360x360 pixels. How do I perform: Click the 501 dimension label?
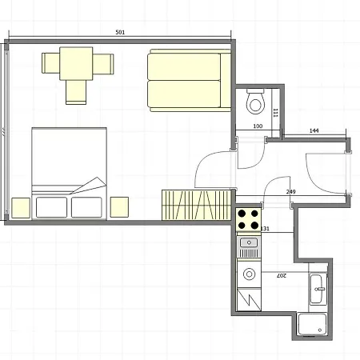(x=120, y=32)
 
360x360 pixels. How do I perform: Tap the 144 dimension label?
(x=314, y=130)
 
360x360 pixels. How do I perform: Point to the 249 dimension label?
(x=290, y=192)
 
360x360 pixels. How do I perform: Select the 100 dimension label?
(x=258, y=126)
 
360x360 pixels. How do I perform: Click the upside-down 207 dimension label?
(x=281, y=275)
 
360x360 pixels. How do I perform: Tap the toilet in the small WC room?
(x=255, y=102)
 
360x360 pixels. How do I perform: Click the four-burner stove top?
(x=248, y=220)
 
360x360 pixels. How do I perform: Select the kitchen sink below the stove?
(x=249, y=247)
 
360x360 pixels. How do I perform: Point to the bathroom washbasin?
(x=318, y=289)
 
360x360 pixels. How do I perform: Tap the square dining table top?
(x=76, y=63)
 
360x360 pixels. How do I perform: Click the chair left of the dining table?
(x=50, y=63)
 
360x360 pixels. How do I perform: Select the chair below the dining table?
(x=76, y=92)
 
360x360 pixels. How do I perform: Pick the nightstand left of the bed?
(x=21, y=208)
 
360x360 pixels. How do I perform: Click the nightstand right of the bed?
(x=119, y=207)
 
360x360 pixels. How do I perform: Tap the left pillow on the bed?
(x=51, y=207)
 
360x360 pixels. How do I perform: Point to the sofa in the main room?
(x=189, y=80)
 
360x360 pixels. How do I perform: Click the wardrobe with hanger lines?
(x=196, y=205)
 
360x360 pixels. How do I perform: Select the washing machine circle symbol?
(x=250, y=274)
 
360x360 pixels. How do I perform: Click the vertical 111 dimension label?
(x=276, y=113)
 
